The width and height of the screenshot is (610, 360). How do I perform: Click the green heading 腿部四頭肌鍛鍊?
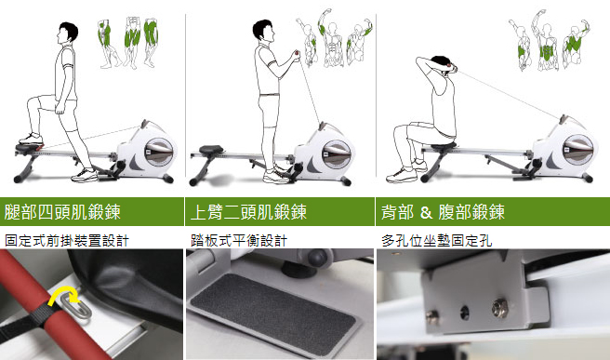pos(62,212)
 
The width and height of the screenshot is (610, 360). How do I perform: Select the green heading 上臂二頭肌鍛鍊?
pos(248,212)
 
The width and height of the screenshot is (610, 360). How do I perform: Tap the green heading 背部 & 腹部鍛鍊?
pos(443,212)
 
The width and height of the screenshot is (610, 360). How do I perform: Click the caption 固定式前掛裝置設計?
pos(66,241)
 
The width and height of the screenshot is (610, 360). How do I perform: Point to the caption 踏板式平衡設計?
pos(239,241)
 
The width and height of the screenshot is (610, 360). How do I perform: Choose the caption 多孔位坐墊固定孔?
pos(436,241)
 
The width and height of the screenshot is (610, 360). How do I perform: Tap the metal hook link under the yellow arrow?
pos(80,309)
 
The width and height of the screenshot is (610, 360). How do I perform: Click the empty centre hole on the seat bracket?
pos(465,313)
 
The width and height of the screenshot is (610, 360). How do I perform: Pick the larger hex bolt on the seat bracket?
pos(500,308)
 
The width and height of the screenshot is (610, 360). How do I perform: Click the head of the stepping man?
pos(68,33)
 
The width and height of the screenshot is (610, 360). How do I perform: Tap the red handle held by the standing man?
pos(298,53)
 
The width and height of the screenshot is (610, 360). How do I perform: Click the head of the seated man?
pos(442,65)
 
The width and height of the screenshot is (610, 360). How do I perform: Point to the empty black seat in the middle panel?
pos(211,150)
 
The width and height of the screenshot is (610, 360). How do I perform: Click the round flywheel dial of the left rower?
pos(159,151)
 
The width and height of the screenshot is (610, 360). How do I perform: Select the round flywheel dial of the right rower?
pos(577,150)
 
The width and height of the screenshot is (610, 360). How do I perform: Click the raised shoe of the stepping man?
pos(31,139)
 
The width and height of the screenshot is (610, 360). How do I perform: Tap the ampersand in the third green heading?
pos(426,212)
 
